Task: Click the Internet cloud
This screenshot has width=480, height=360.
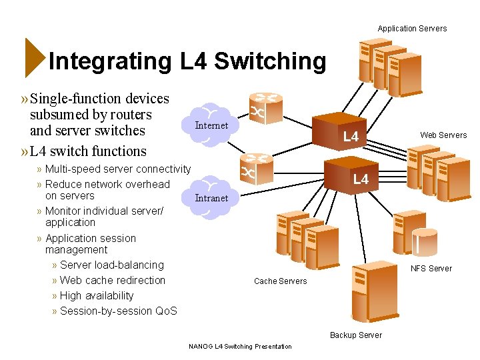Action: click(211, 125)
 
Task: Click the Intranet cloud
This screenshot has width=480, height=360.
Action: click(211, 197)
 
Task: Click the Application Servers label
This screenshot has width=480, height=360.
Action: click(412, 29)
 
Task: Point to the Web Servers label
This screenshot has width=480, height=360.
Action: click(443, 135)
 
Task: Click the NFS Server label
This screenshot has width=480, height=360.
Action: click(431, 269)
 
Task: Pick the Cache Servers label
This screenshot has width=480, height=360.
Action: click(281, 281)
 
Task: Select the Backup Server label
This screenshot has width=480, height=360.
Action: click(356, 335)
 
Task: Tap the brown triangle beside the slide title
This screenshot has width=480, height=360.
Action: click(34, 58)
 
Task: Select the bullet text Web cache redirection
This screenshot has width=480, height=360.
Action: click(112, 281)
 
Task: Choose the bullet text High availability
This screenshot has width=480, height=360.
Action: click(97, 296)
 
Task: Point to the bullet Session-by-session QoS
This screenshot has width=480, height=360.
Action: click(118, 311)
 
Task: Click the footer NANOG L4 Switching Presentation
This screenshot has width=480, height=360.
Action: click(240, 347)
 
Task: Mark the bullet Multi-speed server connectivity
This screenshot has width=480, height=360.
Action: click(117, 169)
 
